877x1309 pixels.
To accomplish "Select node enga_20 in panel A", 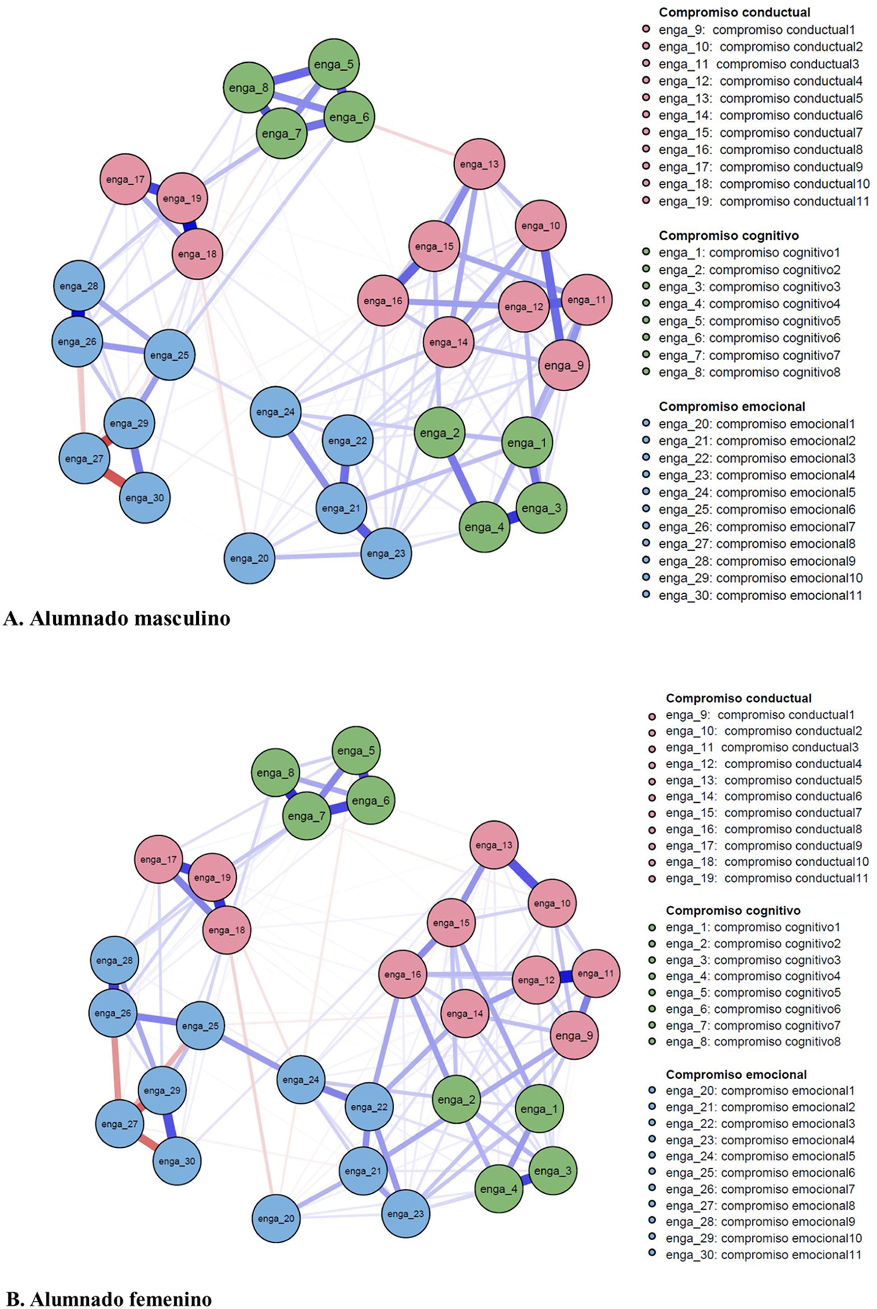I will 250,558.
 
